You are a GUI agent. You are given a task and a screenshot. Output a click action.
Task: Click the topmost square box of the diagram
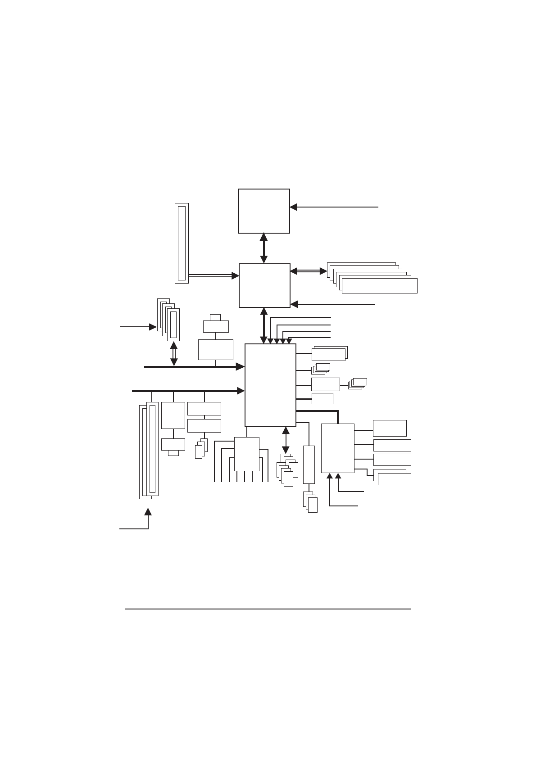click(x=264, y=211)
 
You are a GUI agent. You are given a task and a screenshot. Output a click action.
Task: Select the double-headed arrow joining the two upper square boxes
click(x=264, y=248)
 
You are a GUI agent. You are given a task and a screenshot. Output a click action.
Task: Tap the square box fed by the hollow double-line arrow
click(x=264, y=286)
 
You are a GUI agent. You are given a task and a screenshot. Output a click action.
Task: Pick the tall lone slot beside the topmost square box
click(x=182, y=243)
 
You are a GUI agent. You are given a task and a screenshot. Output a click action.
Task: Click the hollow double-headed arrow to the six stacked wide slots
click(x=309, y=271)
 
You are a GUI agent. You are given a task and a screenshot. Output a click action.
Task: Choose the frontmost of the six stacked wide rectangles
click(x=379, y=286)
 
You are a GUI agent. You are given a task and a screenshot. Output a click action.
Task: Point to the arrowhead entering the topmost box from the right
click(x=294, y=207)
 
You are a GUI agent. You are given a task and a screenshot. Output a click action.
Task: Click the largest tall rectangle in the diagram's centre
click(x=270, y=385)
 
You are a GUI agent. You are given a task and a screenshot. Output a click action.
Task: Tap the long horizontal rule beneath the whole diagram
click(x=268, y=609)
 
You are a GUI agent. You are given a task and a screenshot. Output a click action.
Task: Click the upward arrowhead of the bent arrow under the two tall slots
click(x=148, y=512)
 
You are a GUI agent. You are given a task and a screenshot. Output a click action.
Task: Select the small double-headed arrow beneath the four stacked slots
click(x=174, y=353)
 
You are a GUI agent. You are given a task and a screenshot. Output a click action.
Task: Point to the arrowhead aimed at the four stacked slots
click(x=153, y=327)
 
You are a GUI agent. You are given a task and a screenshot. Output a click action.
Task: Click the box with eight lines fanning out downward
click(x=247, y=454)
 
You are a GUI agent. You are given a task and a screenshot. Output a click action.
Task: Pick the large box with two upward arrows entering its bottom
click(x=338, y=448)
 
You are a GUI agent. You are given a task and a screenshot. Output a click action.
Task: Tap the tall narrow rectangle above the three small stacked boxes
click(x=309, y=465)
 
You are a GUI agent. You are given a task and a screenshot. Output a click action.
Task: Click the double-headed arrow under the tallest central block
click(x=286, y=440)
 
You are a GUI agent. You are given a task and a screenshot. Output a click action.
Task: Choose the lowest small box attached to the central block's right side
click(x=323, y=398)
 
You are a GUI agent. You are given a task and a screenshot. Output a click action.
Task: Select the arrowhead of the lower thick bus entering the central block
click(x=241, y=391)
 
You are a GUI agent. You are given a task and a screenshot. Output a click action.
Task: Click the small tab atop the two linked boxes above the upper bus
click(x=215, y=317)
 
